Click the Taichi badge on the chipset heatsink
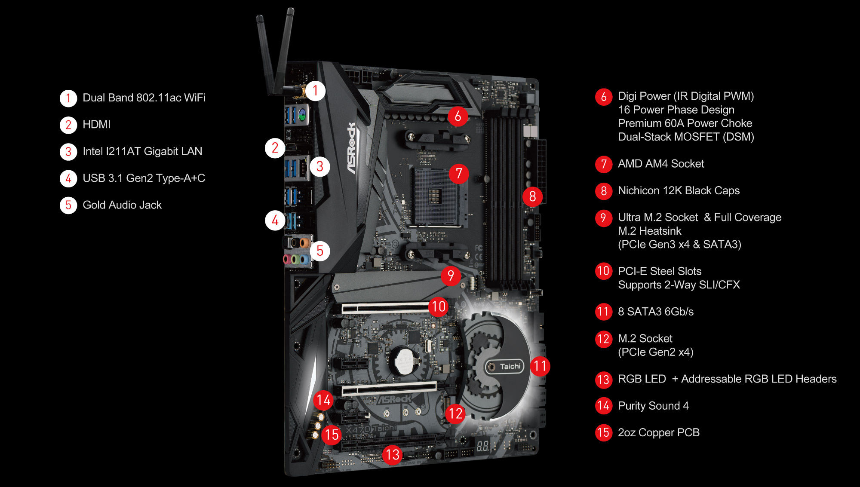(x=505, y=367)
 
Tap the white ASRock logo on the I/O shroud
(x=352, y=148)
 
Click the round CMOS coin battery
(x=404, y=360)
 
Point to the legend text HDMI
(x=96, y=125)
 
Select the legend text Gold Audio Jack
(x=122, y=205)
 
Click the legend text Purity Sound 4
(x=653, y=406)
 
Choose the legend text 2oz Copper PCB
(x=659, y=432)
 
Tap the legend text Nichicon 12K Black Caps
(x=679, y=190)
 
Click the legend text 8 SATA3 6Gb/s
(x=656, y=312)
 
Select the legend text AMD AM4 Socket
(x=661, y=164)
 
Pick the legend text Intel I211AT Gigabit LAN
(x=142, y=151)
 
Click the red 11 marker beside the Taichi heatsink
(x=540, y=366)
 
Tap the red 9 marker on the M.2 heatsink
(x=451, y=276)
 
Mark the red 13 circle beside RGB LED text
(x=604, y=380)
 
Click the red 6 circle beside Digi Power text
(x=604, y=97)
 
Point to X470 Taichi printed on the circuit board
(x=371, y=429)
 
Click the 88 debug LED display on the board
(x=482, y=446)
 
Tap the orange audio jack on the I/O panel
(x=304, y=243)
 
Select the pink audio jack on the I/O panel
(x=287, y=259)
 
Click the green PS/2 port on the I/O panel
(x=302, y=114)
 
